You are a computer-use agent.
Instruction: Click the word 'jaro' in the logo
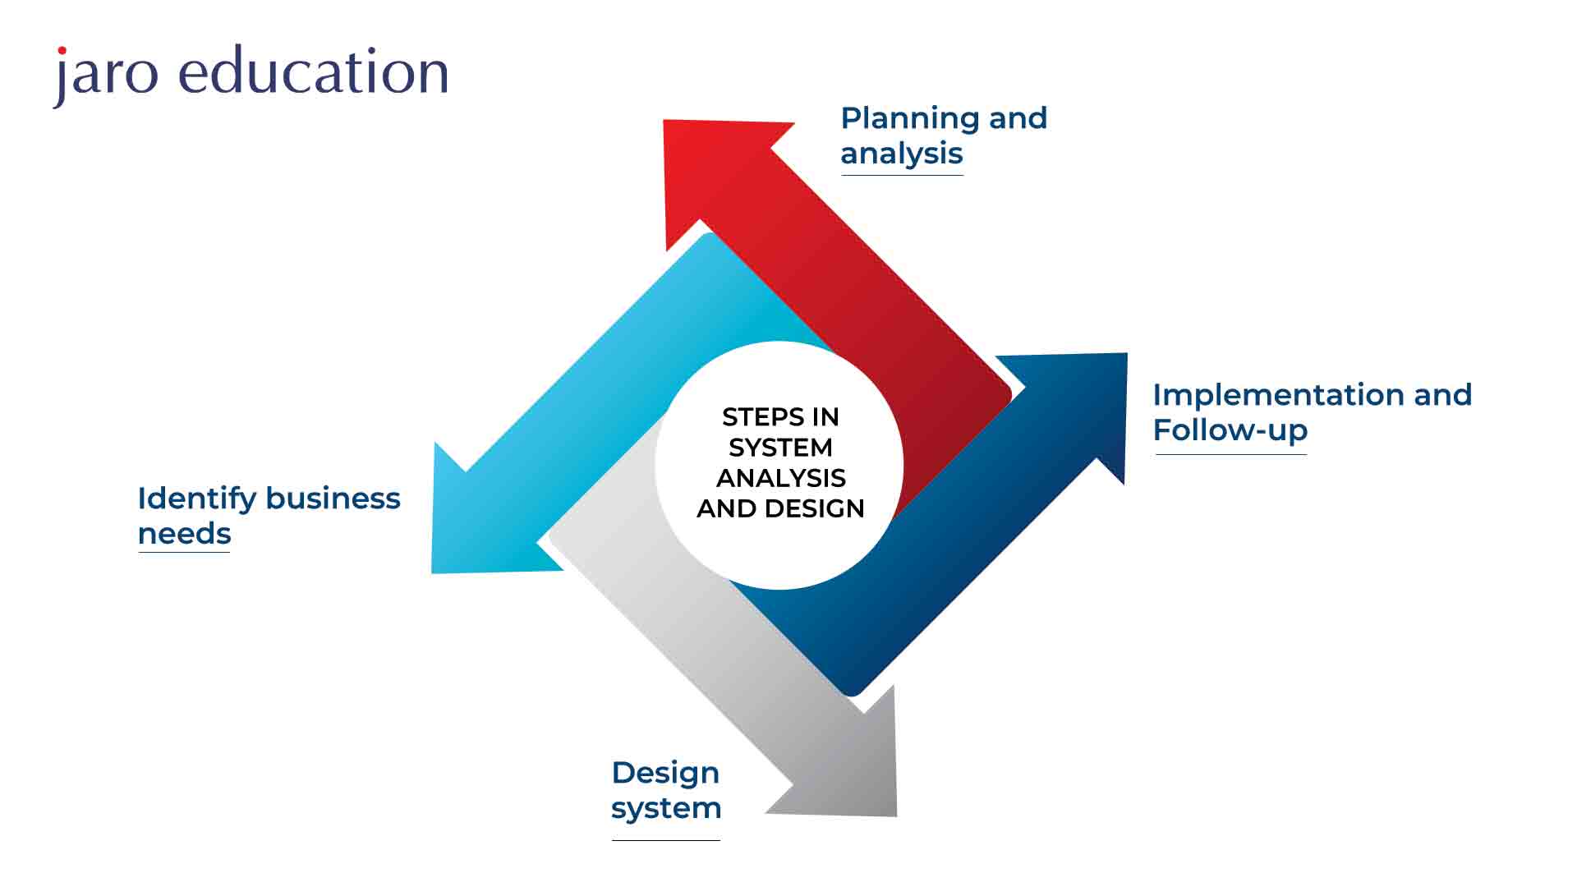click(x=105, y=74)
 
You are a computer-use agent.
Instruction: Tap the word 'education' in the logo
click(x=314, y=71)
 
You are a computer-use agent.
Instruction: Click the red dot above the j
click(x=62, y=51)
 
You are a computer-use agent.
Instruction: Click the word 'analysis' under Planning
click(x=901, y=154)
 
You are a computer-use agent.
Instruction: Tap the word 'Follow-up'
click(x=1230, y=430)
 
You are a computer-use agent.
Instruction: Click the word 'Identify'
click(x=197, y=499)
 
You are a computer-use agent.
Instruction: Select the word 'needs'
click(x=184, y=534)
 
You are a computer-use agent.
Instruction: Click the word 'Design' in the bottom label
click(x=665, y=773)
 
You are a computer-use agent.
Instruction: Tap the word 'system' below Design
click(x=665, y=808)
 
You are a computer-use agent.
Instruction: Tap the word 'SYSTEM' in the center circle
click(x=780, y=448)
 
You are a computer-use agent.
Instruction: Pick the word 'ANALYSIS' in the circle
click(x=780, y=478)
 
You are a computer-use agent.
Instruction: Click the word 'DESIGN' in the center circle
click(x=814, y=508)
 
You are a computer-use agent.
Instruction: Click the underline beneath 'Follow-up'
click(x=1230, y=453)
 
